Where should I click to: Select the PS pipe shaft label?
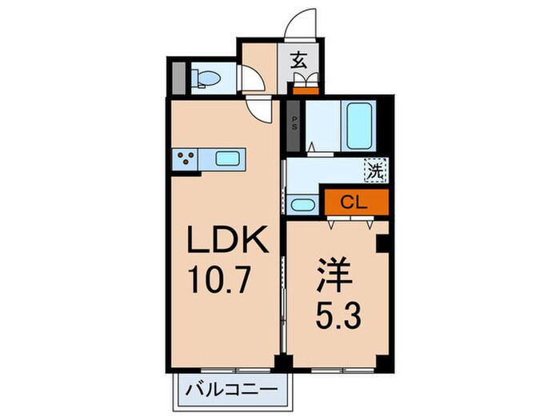coord(294,126)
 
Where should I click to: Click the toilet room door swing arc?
coord(255,80)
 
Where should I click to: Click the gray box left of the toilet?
coord(180,78)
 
